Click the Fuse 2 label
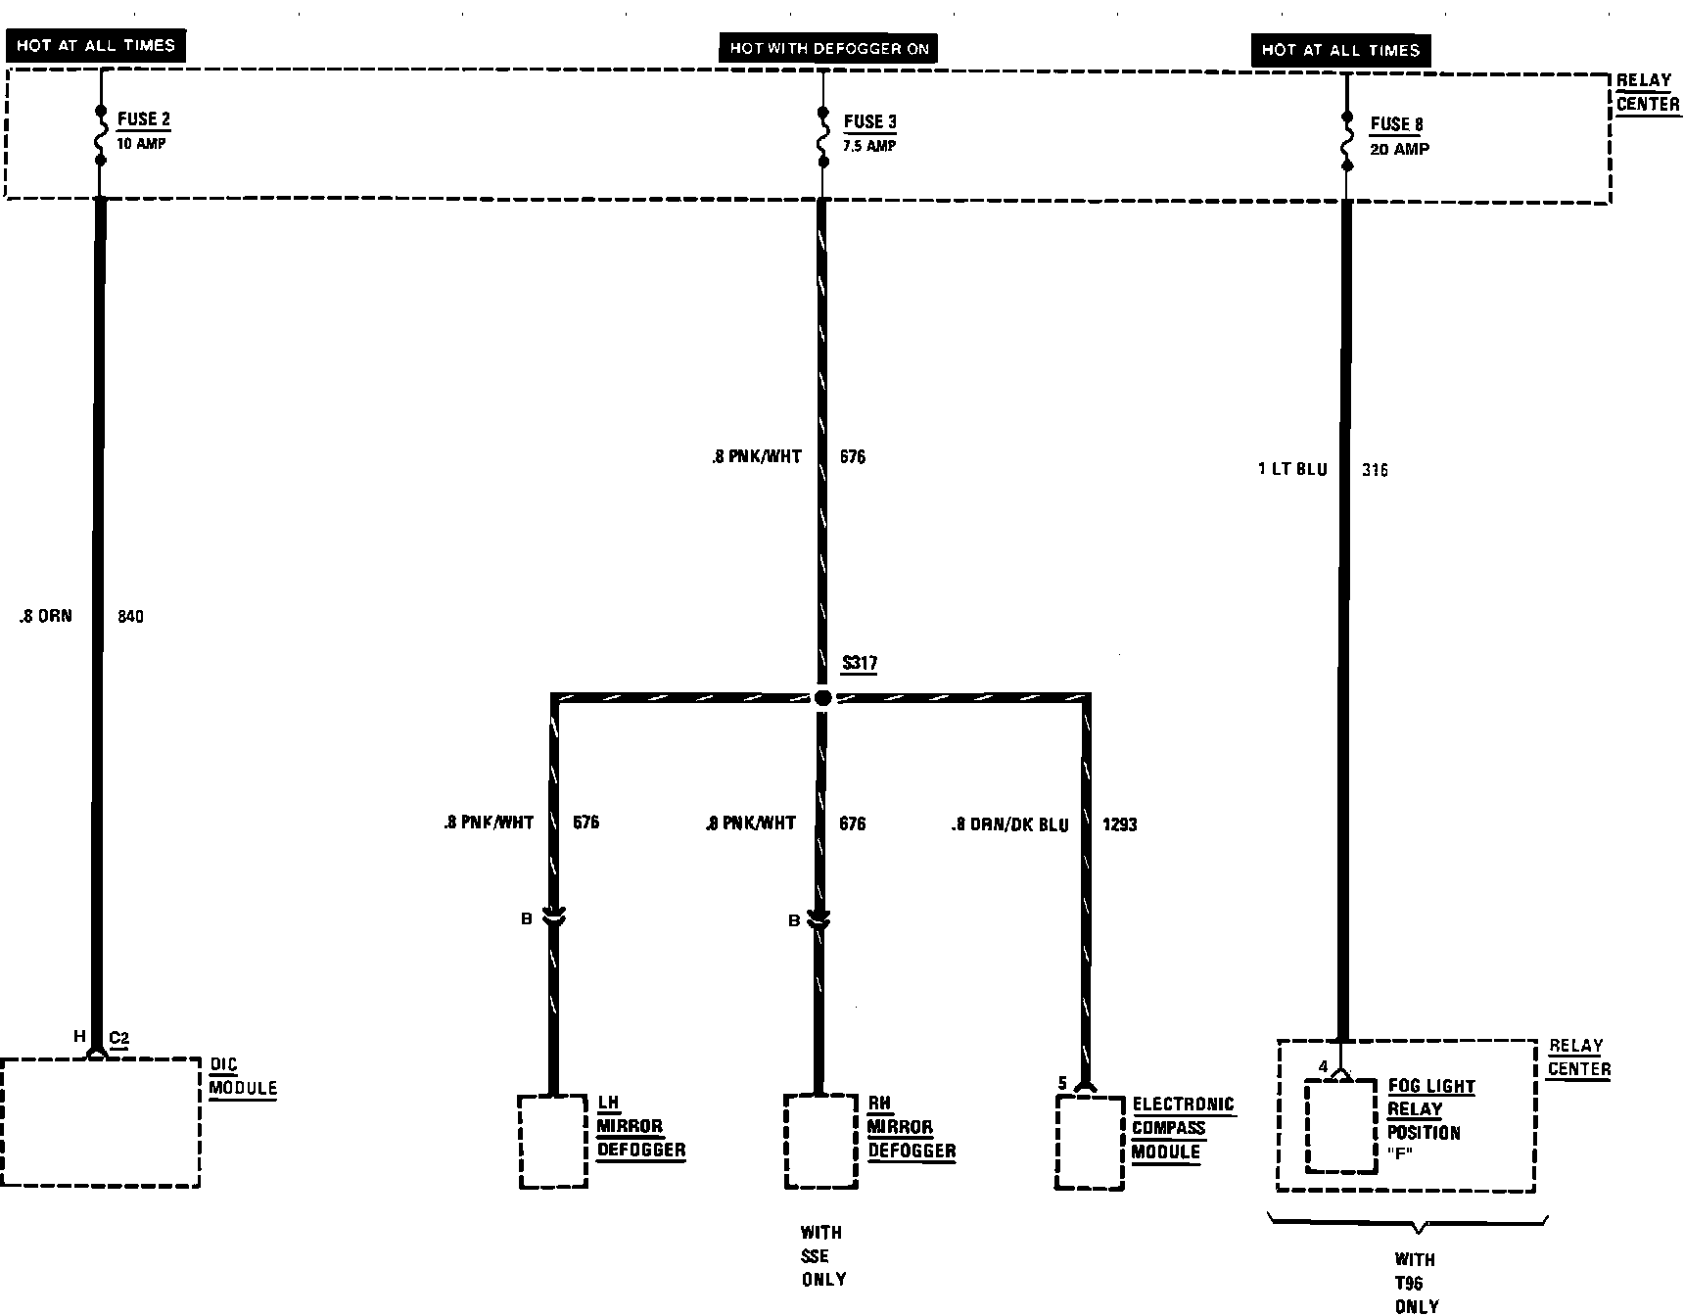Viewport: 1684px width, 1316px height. pos(143,120)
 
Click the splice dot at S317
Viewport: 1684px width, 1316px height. pos(822,698)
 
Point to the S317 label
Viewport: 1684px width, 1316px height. pos(860,663)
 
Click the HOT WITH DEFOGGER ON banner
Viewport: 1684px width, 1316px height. pos(828,48)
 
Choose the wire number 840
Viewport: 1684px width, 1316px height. pos(130,617)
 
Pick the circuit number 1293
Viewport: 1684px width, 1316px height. pos(1120,824)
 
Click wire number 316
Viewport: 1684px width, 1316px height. pos(1375,470)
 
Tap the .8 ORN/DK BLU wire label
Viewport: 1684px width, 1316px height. pos(1009,824)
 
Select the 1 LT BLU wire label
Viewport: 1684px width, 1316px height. pos(1292,470)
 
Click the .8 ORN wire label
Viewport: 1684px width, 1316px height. pos(45,617)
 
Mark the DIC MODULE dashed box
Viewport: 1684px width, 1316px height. pos(100,1122)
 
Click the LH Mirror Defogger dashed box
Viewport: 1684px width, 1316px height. pos(552,1142)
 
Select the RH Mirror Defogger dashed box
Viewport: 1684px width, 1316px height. pos(820,1142)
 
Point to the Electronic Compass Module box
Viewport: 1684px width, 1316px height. pos(1089,1143)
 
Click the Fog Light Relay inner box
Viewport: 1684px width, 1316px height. pos(1340,1126)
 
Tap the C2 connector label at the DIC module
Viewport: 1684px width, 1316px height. pos(118,1038)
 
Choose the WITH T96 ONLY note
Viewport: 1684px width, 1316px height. pos(1416,1283)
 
